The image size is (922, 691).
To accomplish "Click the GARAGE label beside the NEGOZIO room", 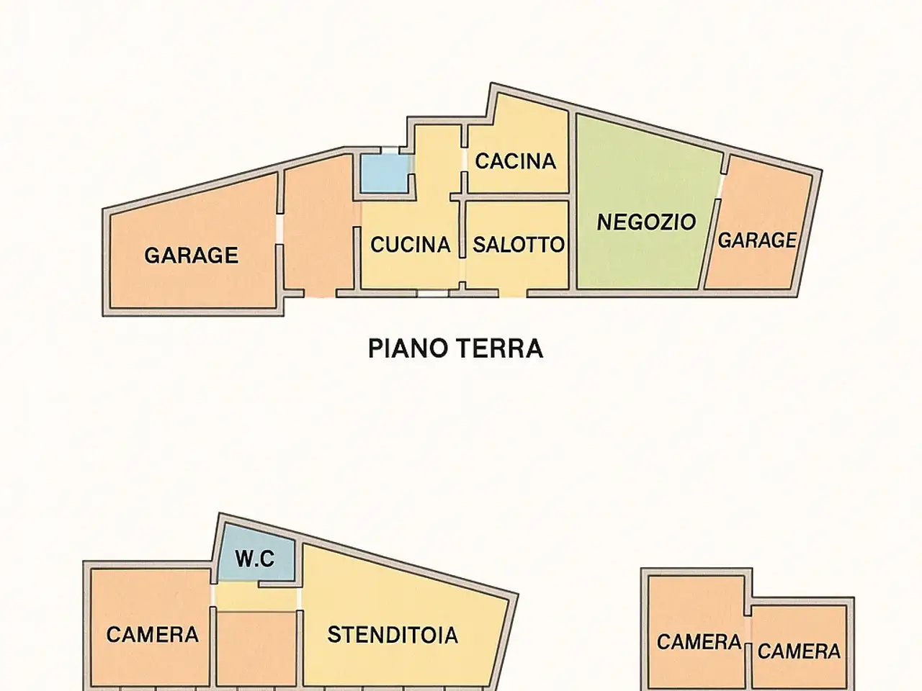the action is tap(757, 240).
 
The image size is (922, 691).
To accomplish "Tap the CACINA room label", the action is tap(516, 161).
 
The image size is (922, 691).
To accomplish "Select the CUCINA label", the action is tap(411, 245).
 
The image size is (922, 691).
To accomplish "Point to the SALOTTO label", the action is tap(519, 245).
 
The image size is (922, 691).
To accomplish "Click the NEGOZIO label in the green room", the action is tap(646, 222).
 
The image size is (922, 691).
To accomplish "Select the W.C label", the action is tap(255, 559).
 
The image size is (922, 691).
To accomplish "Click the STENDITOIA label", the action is tap(393, 635).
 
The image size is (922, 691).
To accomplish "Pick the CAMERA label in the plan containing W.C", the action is tap(152, 634).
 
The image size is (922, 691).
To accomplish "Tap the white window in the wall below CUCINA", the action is tap(433, 293).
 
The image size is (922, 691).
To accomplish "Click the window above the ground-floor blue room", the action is tap(390, 150).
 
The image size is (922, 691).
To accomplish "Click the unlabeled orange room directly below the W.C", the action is tap(256, 649).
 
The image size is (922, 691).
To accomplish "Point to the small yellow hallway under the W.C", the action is tap(256, 596).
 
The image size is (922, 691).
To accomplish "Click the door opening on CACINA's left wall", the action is tap(465, 159).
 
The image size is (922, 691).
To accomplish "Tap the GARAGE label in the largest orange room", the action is tap(191, 255).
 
